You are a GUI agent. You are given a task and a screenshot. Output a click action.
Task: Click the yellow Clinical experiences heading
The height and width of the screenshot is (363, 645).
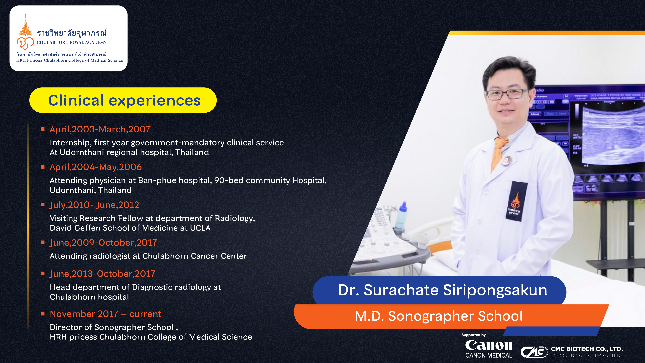(123, 100)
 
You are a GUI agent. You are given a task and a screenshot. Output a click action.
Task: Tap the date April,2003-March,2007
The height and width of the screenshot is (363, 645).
(100, 129)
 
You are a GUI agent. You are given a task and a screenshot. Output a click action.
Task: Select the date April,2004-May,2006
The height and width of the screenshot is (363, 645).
(96, 167)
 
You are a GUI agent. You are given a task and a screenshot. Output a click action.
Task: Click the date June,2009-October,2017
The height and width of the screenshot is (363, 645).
(103, 243)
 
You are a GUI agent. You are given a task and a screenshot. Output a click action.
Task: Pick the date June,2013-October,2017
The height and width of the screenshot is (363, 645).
(103, 274)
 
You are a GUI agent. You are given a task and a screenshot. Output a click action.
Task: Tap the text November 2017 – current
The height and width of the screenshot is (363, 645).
(105, 314)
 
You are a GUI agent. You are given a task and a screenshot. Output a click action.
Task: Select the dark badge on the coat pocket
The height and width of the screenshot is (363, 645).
(516, 201)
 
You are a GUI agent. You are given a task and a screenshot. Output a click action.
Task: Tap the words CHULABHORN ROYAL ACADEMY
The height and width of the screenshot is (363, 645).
(72, 43)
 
